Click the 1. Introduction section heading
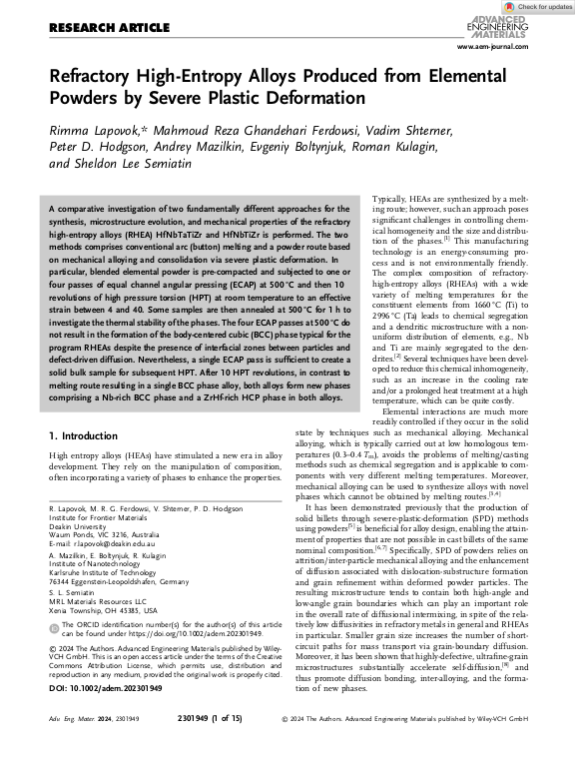click(89, 436)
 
